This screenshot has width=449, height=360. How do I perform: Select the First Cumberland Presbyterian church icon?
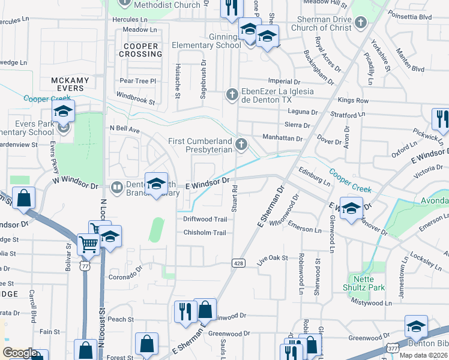[x=241, y=144]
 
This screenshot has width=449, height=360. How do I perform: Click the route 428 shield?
[x=238, y=263]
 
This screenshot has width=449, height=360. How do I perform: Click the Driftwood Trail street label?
[x=205, y=219]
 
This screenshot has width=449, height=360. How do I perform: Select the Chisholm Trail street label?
[x=204, y=233]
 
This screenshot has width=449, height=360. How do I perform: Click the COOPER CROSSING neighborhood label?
[x=142, y=50]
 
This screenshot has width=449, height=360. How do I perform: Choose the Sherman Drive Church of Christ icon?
[x=360, y=23]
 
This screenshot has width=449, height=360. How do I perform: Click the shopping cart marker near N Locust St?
[x=88, y=244]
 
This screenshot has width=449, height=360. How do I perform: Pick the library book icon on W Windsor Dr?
[x=117, y=188]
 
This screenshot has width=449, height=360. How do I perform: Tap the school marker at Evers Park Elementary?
[x=62, y=112]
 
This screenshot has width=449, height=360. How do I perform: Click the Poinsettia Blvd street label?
[x=410, y=17]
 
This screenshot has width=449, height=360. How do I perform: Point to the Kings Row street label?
[x=354, y=101]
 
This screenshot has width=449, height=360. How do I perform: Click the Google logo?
[x=19, y=353]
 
